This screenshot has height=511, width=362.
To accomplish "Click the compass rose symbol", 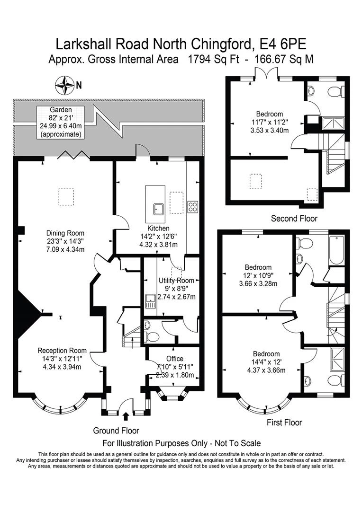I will (66, 86).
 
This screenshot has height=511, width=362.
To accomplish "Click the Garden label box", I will (61, 122).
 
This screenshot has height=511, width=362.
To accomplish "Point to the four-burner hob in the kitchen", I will (193, 206).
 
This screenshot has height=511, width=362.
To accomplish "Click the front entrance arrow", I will (126, 416).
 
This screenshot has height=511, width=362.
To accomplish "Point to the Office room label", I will (174, 359).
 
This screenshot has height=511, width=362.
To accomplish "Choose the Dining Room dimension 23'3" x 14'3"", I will (65, 241).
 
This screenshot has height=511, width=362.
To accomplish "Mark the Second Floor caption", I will (294, 219).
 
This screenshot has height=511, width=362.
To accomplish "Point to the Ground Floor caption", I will (116, 431).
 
